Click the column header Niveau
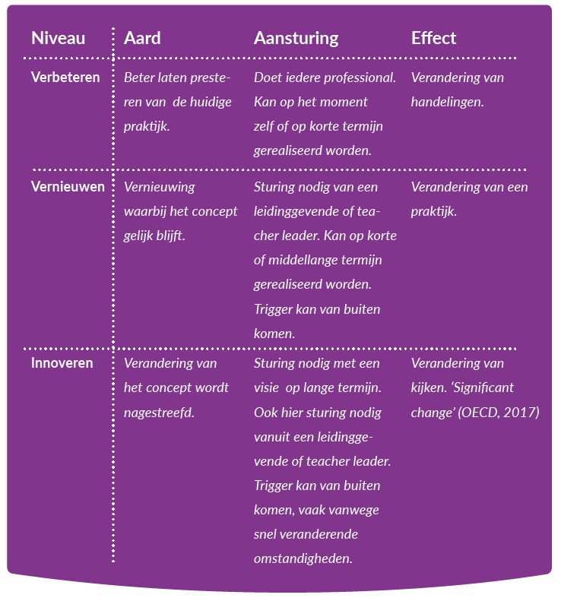point(59,38)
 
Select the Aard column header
point(142,38)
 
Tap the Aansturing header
point(296,39)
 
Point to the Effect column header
point(434,38)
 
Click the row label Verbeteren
point(65,77)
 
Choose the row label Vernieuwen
point(68,187)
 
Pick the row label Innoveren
point(62,363)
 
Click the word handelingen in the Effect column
point(448,103)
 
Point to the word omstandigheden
point(303,559)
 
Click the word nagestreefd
point(159,413)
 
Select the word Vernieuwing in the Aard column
point(160,188)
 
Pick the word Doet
point(267,77)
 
